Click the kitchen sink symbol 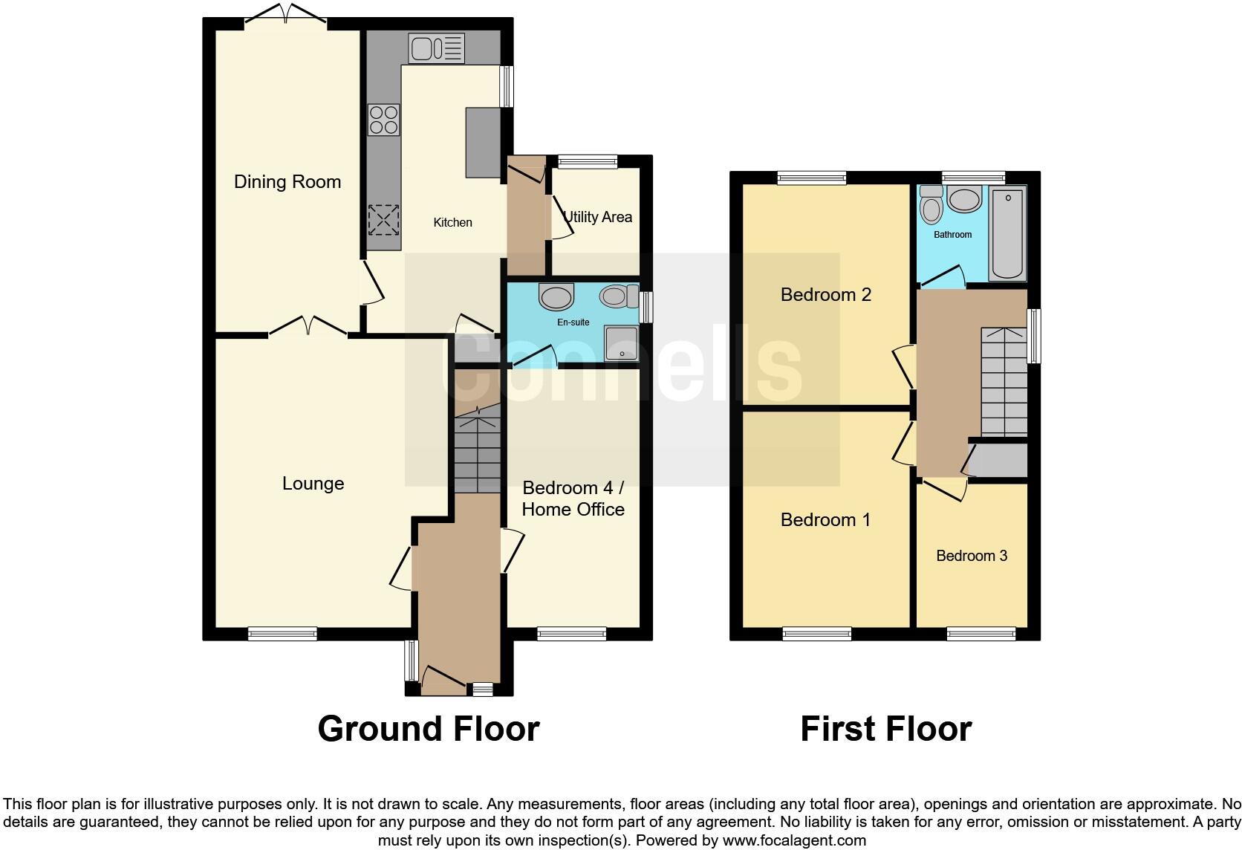click(x=436, y=48)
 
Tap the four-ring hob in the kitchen click(x=383, y=120)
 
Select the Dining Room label click(x=287, y=182)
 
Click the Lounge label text click(x=313, y=484)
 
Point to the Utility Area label click(x=597, y=217)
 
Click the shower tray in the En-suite click(x=622, y=343)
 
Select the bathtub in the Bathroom click(x=1007, y=233)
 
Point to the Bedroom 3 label click(x=971, y=556)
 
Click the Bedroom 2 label click(x=825, y=295)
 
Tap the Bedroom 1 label click(x=825, y=519)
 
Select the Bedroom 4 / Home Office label click(x=573, y=499)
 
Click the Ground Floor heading click(x=428, y=729)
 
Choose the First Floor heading click(x=885, y=729)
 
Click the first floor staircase click(x=1004, y=383)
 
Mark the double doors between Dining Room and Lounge click(x=308, y=327)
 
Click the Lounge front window click(x=282, y=634)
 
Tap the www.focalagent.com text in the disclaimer click(x=793, y=840)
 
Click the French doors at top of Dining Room click(x=286, y=13)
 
